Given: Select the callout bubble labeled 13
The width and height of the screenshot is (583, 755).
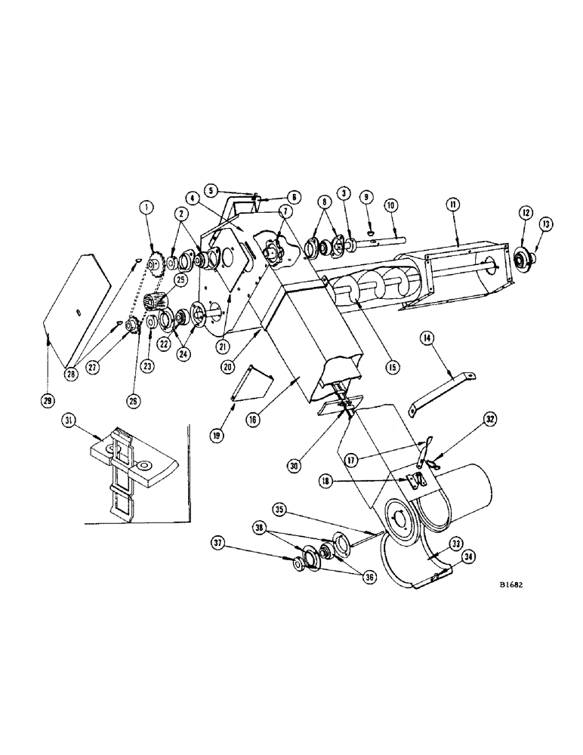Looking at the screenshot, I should click(x=545, y=225).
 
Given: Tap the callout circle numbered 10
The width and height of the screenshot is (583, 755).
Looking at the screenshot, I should click(x=390, y=206).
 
